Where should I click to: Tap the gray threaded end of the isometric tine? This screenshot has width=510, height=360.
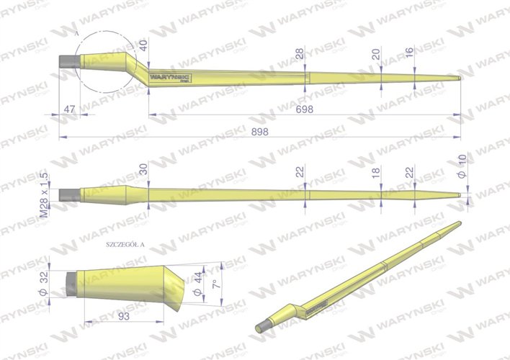pyautogui.click(x=264, y=327)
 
